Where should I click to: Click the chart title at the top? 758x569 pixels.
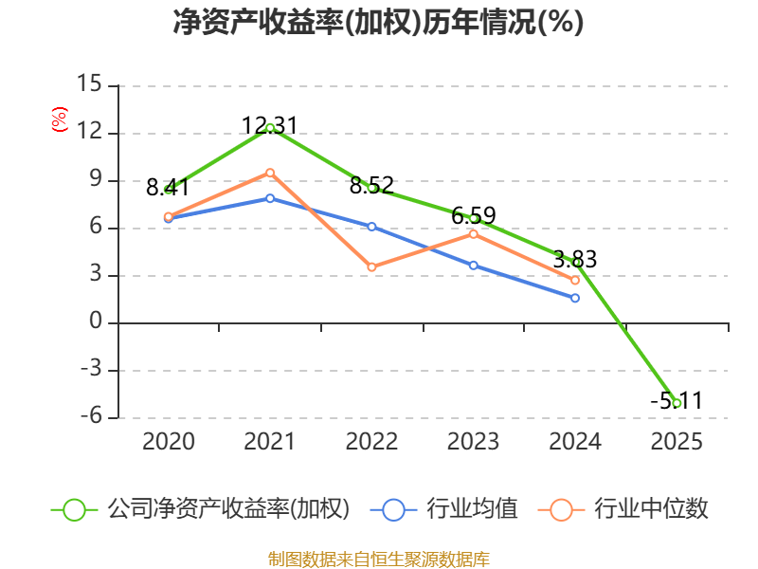click(x=378, y=22)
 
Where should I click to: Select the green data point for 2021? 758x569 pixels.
click(x=270, y=128)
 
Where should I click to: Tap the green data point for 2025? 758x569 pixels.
click(x=677, y=403)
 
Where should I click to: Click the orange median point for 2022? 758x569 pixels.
click(x=371, y=267)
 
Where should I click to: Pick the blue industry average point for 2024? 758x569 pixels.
click(x=575, y=298)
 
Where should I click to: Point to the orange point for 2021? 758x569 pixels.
click(x=270, y=173)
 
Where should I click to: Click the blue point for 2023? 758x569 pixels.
click(x=474, y=266)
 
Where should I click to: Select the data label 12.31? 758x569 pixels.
click(x=269, y=126)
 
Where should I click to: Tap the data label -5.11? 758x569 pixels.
click(x=676, y=400)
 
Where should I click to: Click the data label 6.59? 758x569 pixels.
click(x=473, y=216)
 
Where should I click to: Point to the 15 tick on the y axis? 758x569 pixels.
click(x=89, y=83)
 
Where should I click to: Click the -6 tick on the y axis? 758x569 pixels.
click(x=91, y=415)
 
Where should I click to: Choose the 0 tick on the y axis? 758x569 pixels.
click(x=96, y=321)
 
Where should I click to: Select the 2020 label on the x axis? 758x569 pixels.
click(x=169, y=441)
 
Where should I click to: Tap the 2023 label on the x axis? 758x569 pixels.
click(x=473, y=441)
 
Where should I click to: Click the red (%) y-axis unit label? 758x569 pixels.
click(x=60, y=119)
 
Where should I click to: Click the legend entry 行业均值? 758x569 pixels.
click(x=472, y=509)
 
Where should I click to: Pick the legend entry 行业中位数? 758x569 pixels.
click(x=651, y=509)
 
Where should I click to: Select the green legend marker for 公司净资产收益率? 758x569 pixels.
click(x=75, y=510)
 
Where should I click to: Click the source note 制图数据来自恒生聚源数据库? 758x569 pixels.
click(x=379, y=560)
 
